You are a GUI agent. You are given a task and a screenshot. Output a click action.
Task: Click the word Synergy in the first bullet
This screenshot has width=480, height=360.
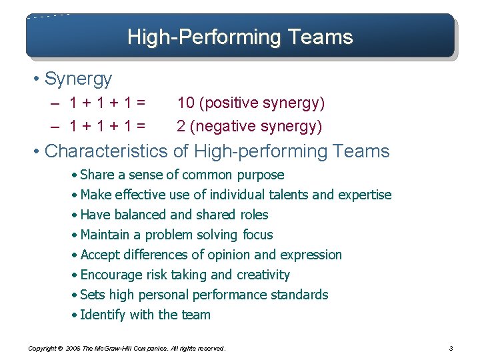pyautogui.click(x=78, y=79)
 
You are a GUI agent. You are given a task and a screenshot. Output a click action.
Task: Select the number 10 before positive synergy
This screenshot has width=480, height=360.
pyautogui.click(x=186, y=103)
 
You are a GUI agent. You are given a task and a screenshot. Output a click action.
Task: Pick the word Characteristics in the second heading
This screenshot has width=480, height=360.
pyautogui.click(x=106, y=151)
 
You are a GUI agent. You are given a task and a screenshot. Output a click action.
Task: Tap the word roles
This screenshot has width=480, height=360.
pyautogui.click(x=253, y=215)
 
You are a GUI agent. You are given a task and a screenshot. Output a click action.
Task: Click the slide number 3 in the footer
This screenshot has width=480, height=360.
pyautogui.click(x=451, y=348)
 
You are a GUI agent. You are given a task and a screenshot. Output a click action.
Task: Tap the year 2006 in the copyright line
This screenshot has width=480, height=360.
pyautogui.click(x=74, y=348)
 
